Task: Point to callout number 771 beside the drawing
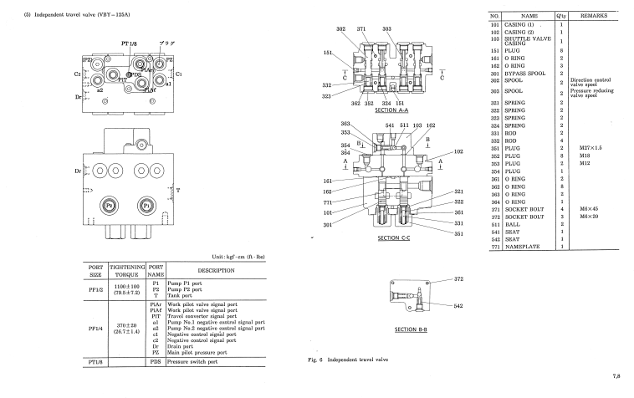tap(329, 202)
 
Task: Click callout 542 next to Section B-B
tap(458, 307)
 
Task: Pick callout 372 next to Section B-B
tap(458, 278)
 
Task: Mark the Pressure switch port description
tap(198, 364)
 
